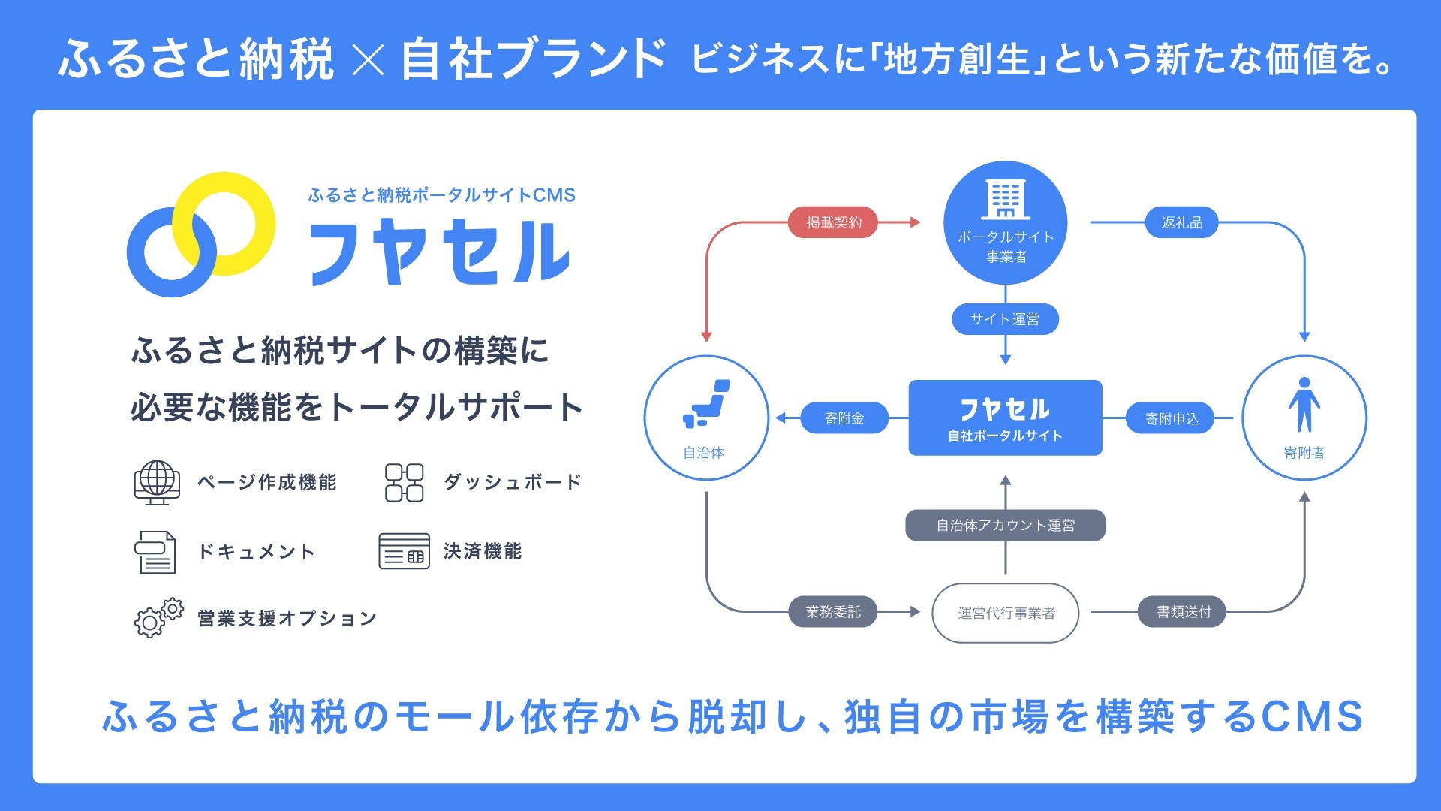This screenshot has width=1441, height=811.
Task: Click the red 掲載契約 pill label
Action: click(x=833, y=222)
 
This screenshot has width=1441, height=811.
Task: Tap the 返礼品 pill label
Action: click(x=1181, y=222)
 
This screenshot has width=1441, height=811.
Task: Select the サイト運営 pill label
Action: click(x=1005, y=319)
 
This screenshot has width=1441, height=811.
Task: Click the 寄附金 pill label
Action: click(x=844, y=418)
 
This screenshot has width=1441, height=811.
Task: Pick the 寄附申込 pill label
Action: click(x=1172, y=418)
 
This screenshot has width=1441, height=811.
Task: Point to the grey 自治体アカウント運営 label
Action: click(x=1005, y=525)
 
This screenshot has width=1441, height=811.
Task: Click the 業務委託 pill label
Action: click(x=832, y=612)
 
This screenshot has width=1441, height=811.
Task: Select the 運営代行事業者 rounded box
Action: click(x=1006, y=613)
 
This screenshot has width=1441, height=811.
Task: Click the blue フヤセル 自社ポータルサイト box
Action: click(x=1005, y=418)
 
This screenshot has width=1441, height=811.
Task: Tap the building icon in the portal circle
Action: click(x=1006, y=198)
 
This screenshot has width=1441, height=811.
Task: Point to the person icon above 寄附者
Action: click(x=1304, y=405)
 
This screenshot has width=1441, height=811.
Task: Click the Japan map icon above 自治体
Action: click(x=706, y=404)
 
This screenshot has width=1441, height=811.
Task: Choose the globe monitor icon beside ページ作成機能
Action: click(x=157, y=482)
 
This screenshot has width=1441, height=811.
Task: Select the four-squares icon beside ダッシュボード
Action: click(x=404, y=482)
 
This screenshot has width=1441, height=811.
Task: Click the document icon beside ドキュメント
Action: click(x=155, y=552)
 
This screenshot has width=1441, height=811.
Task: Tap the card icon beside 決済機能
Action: click(x=404, y=551)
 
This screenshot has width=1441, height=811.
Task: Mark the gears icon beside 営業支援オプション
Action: click(x=158, y=618)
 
